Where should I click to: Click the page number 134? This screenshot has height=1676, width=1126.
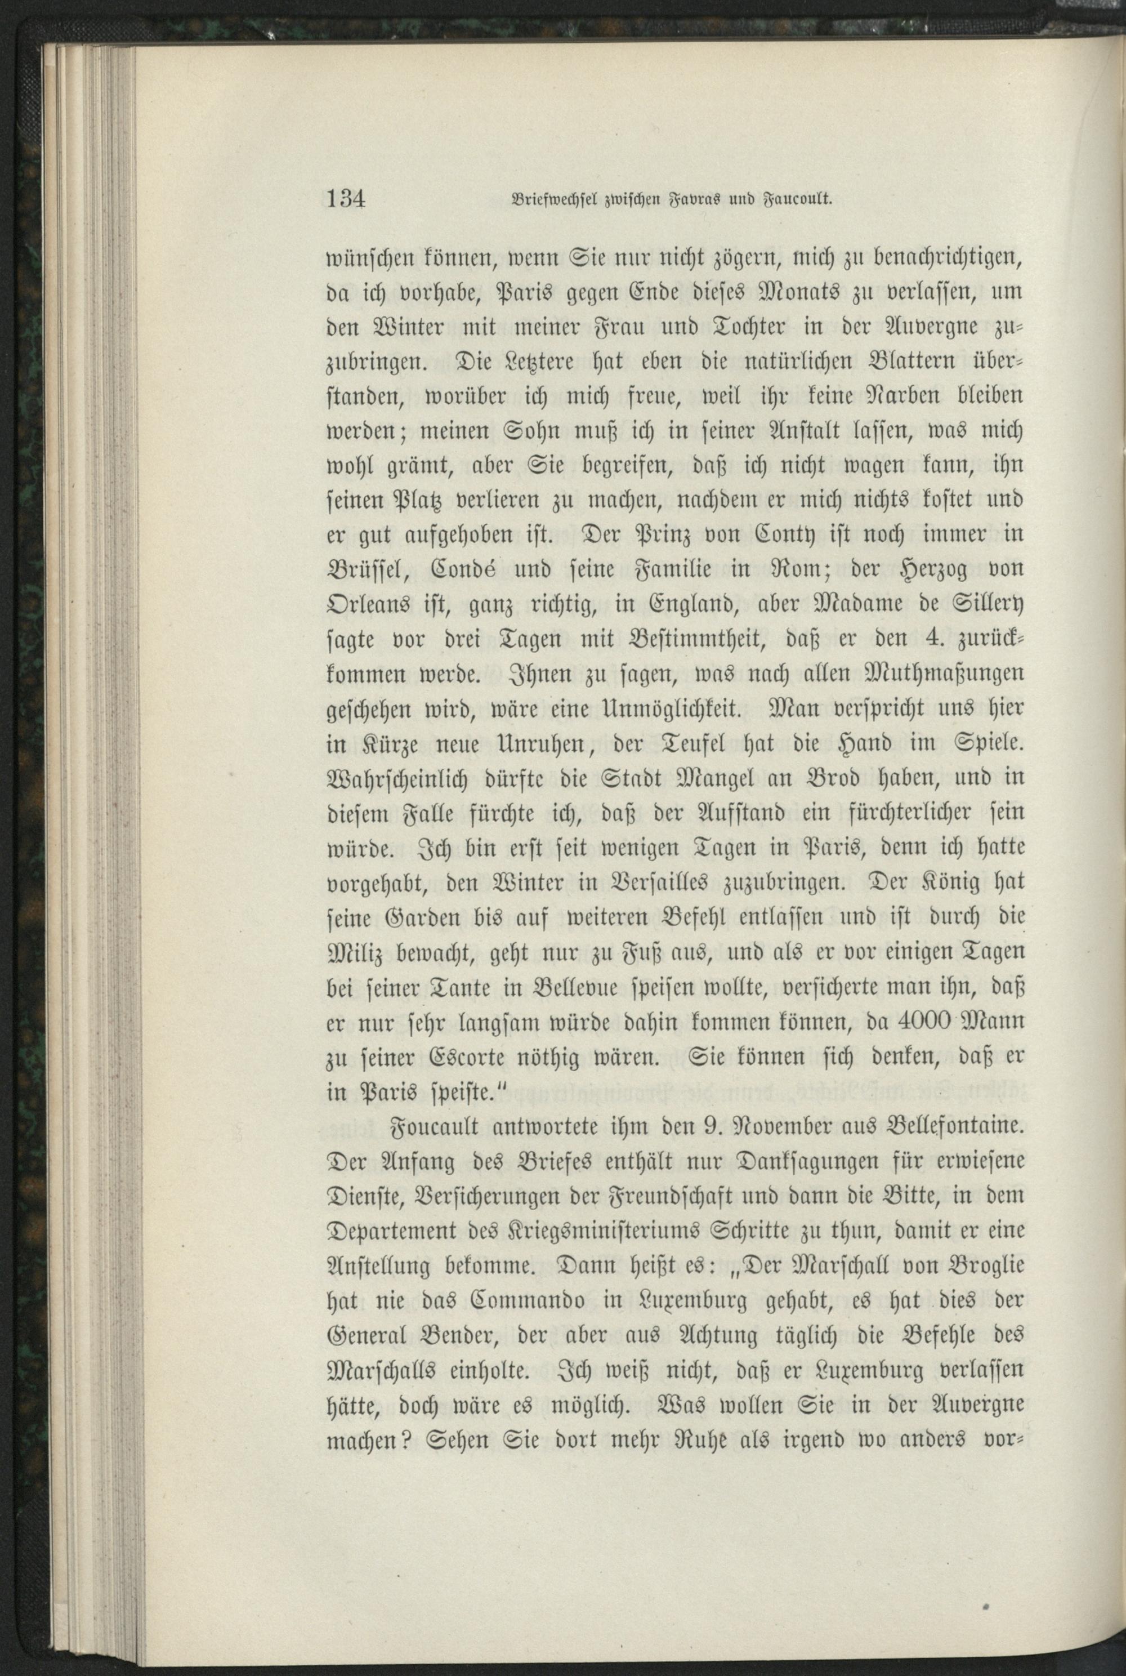pyautogui.click(x=347, y=198)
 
